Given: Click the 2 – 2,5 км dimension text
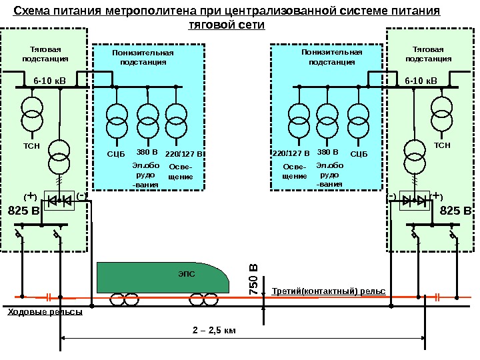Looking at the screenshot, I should (x=215, y=331).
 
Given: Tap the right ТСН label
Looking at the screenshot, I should (x=442, y=144).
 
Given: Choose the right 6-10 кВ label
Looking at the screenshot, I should (x=421, y=81).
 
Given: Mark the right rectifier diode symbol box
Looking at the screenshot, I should (x=416, y=200).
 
